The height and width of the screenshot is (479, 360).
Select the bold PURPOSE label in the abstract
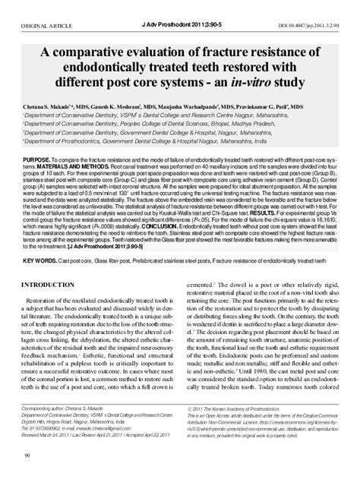(x=40, y=161)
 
